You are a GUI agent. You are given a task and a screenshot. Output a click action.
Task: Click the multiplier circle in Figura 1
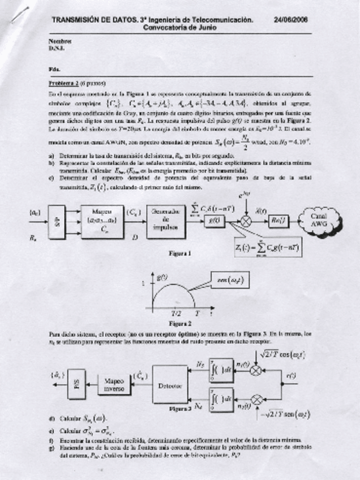tap(245, 221)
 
